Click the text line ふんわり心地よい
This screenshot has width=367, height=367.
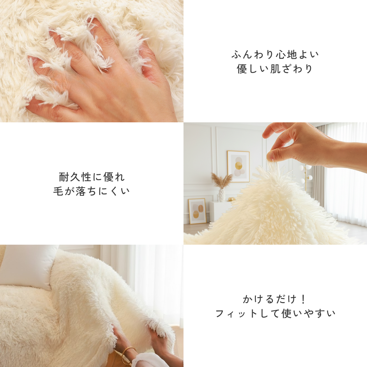coord(275,54)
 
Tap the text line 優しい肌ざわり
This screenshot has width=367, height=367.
coord(275,69)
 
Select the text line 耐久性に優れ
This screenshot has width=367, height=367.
coord(92,177)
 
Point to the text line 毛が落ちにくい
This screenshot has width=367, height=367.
coord(92,191)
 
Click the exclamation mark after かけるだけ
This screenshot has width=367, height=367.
coord(303,299)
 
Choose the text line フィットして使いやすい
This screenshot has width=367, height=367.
coord(275,313)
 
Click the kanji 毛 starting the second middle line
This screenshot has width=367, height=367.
coord(57,191)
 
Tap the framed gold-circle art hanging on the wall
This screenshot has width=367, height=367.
coord(238,166)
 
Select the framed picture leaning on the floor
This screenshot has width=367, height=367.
coord(197,211)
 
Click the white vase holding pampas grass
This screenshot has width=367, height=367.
coord(222,195)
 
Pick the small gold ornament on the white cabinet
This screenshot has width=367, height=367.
coord(232,199)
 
